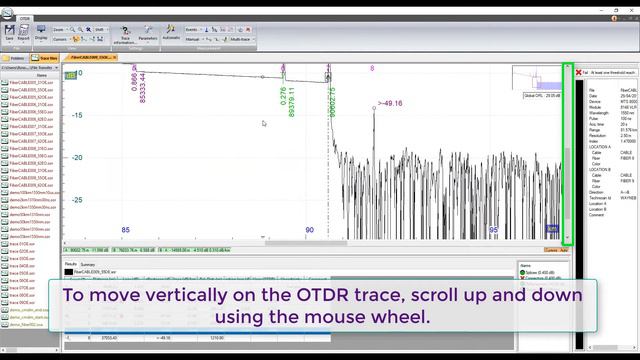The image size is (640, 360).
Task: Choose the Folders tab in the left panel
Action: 14,59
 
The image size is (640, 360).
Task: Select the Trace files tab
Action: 44,59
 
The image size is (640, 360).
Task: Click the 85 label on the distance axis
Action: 126,230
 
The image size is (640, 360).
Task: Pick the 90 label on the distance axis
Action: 309,230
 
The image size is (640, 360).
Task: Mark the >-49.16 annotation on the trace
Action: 390,103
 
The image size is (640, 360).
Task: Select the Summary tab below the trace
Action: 88,264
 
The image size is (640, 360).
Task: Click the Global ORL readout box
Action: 541,96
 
